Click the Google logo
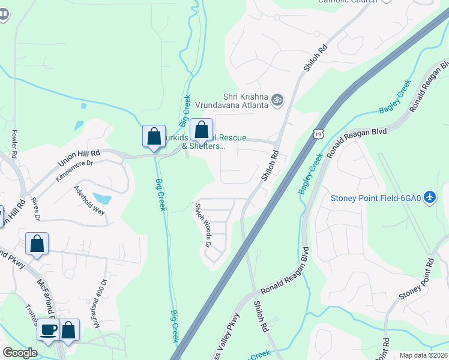(x=20, y=353)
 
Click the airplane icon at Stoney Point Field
(x=429, y=197)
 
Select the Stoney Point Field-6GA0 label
(x=375, y=198)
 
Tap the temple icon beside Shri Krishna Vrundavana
(x=277, y=99)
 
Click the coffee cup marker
(x=48, y=330)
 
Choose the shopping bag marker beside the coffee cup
(x=69, y=330)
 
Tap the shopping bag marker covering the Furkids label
(x=201, y=130)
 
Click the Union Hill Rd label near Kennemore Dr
(x=79, y=159)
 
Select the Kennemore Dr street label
(x=75, y=170)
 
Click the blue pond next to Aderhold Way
(x=102, y=199)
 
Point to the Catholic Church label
(x=348, y=1)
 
